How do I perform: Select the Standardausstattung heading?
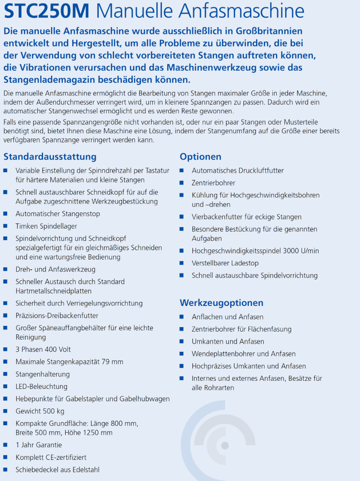click(x=50, y=157)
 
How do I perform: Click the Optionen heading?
click(x=200, y=157)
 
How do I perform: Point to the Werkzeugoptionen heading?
click(x=222, y=303)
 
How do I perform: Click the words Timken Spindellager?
click(x=46, y=226)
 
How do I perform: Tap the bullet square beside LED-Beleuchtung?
click(x=5, y=387)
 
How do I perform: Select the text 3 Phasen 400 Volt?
click(x=43, y=349)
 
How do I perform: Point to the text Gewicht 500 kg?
click(x=40, y=412)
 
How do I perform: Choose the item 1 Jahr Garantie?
click(x=39, y=445)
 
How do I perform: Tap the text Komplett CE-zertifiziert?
click(x=51, y=457)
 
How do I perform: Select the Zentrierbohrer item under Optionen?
click(x=213, y=183)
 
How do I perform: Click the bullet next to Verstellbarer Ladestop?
click(x=182, y=263)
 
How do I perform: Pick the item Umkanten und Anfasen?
click(x=228, y=342)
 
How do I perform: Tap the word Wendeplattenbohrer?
click(x=223, y=354)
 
